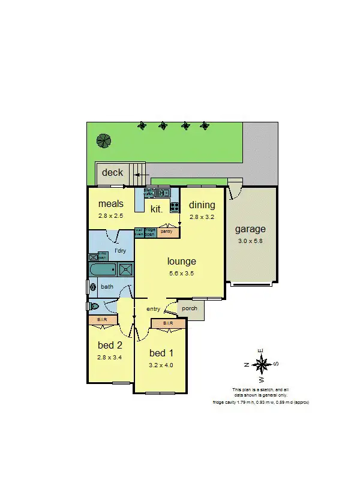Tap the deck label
click(112, 173)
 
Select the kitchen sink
click(163, 193)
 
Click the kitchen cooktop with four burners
click(175, 207)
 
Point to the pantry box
click(166, 231)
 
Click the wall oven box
click(139, 232)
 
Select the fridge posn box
click(150, 232)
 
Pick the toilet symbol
click(92, 306)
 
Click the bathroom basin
click(92, 287)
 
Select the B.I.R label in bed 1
click(167, 323)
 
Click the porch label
click(190, 309)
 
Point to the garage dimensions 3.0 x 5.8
click(250, 241)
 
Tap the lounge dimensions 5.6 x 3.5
click(181, 273)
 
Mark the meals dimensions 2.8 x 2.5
click(111, 215)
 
